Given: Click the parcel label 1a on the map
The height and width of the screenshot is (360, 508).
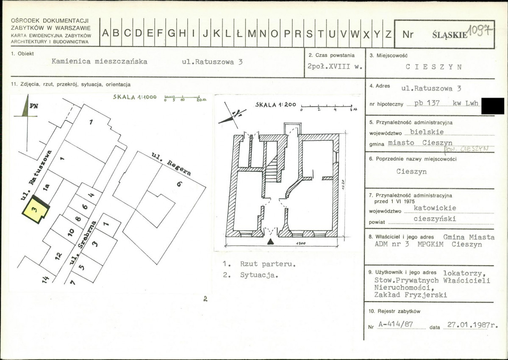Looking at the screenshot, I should pyautogui.click(x=46, y=188).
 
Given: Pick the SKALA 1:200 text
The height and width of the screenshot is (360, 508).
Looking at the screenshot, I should pyautogui.click(x=275, y=105).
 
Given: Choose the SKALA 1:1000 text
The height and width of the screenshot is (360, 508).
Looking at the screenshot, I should pyautogui.click(x=135, y=97).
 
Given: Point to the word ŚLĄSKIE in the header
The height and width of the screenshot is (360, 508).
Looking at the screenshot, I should pyautogui.click(x=450, y=35).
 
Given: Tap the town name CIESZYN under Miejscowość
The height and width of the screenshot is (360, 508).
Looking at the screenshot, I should pyautogui.click(x=433, y=67).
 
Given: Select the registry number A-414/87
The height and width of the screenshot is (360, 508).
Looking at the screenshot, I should pyautogui.click(x=401, y=325).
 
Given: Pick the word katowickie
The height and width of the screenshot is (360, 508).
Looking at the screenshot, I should pyautogui.click(x=435, y=208).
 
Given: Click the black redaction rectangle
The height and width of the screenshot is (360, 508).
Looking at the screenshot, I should pyautogui.click(x=493, y=106).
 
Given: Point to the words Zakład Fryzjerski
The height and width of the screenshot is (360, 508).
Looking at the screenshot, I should pyautogui.click(x=411, y=295).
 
